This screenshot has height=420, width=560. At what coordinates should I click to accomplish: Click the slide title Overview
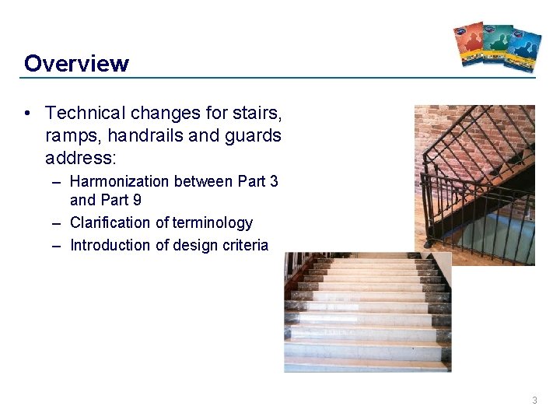76,63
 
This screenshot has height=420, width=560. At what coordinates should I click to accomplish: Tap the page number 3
534,401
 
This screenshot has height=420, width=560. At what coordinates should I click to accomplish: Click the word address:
80,157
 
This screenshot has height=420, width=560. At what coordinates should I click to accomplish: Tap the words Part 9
123,200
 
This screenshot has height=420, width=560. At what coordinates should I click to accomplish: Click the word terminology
212,223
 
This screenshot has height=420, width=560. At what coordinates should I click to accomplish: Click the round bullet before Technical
28,114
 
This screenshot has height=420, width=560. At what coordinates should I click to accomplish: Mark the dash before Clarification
57,223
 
